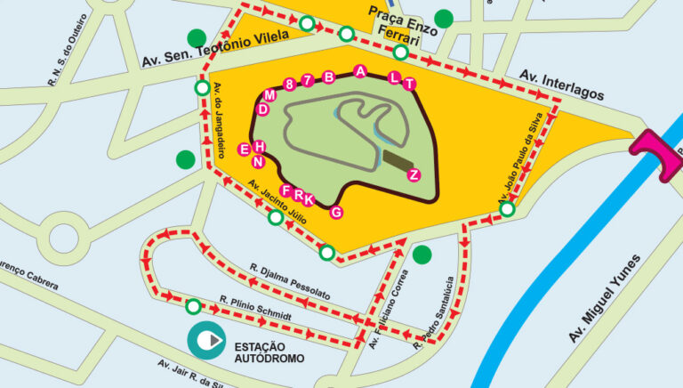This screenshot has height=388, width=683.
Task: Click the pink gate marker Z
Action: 414,174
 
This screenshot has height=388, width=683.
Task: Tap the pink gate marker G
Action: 336,212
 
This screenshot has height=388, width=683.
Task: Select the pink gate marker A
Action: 360,70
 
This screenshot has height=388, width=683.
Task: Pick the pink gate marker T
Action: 409,84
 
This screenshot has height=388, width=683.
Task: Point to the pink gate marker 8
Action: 289,84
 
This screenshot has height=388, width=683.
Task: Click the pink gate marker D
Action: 262,109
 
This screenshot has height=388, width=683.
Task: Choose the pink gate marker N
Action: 258,162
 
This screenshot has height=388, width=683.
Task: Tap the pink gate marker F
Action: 285,190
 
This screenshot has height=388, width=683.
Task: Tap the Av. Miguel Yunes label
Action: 605,298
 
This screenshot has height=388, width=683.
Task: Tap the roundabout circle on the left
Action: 64,238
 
